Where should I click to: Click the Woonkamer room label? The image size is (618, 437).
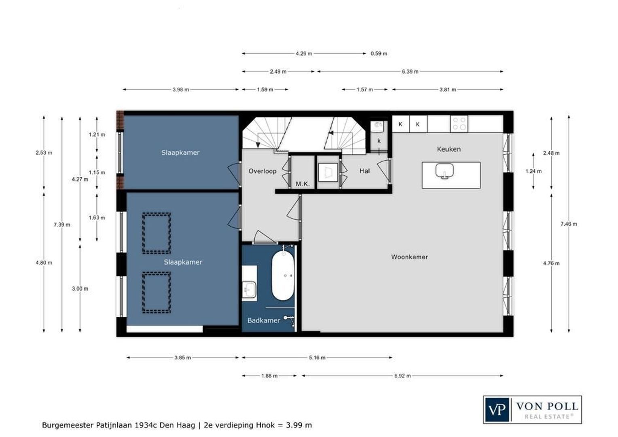tap(409, 257)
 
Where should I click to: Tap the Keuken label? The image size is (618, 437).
tap(449, 149)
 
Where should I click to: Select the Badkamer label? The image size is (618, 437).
tap(264, 320)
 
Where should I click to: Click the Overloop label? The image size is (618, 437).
tap(262, 171)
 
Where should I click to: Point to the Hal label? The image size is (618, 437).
tap(364, 171)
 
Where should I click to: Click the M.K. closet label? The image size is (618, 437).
tap(303, 184)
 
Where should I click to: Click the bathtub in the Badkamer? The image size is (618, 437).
tap(283, 276)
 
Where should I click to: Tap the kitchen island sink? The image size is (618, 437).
tap(444, 171)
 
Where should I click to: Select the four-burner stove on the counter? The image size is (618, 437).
tap(459, 124)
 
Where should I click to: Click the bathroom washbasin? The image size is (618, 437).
tap(250, 289)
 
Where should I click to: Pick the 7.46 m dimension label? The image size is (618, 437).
tap(569, 224)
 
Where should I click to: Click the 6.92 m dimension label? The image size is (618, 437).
tap(402, 376)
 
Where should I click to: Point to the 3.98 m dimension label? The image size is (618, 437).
tap(181, 89)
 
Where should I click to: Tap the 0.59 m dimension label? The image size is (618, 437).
tap(379, 53)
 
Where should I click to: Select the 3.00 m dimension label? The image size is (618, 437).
tap(80, 289)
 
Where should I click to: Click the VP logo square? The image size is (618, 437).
tap(497, 410)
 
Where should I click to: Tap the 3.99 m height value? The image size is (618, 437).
tap(299, 425)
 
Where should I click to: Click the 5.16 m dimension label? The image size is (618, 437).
tap(317, 358)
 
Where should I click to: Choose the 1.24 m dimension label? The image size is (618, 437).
tap(533, 171)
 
